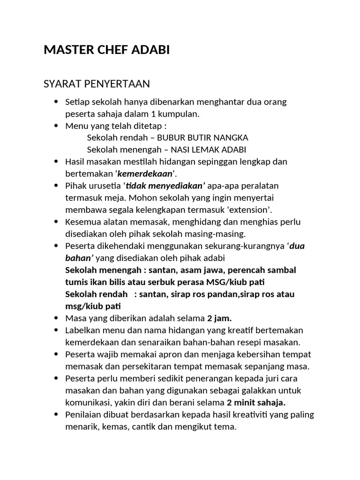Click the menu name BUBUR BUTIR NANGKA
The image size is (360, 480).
click(x=202, y=138)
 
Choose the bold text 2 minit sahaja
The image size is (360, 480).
click(x=256, y=403)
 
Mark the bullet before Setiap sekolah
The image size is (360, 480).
click(x=57, y=102)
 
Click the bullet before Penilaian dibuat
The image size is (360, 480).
click(x=57, y=415)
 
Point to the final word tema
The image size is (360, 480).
click(x=226, y=427)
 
